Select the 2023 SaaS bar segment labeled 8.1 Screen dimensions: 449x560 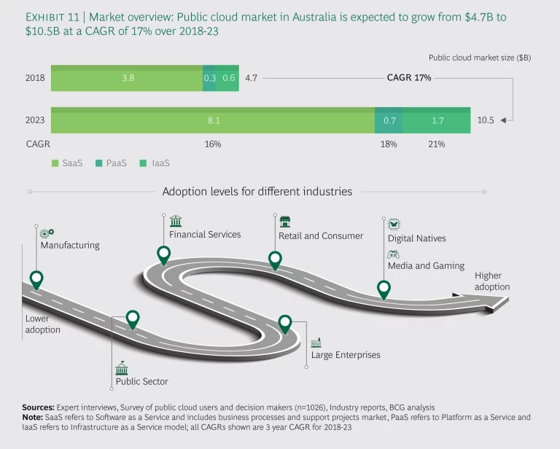[x=212, y=120]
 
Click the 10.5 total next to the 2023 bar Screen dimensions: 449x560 [x=485, y=120]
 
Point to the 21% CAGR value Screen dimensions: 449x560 [x=436, y=144]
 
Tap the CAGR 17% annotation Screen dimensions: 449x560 [x=408, y=77]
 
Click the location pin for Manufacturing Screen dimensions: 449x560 [x=36, y=279]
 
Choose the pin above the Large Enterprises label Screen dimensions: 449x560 [x=285, y=323]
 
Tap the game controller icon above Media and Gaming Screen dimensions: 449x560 [x=393, y=254]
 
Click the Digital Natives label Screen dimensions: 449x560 [x=416, y=238]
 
